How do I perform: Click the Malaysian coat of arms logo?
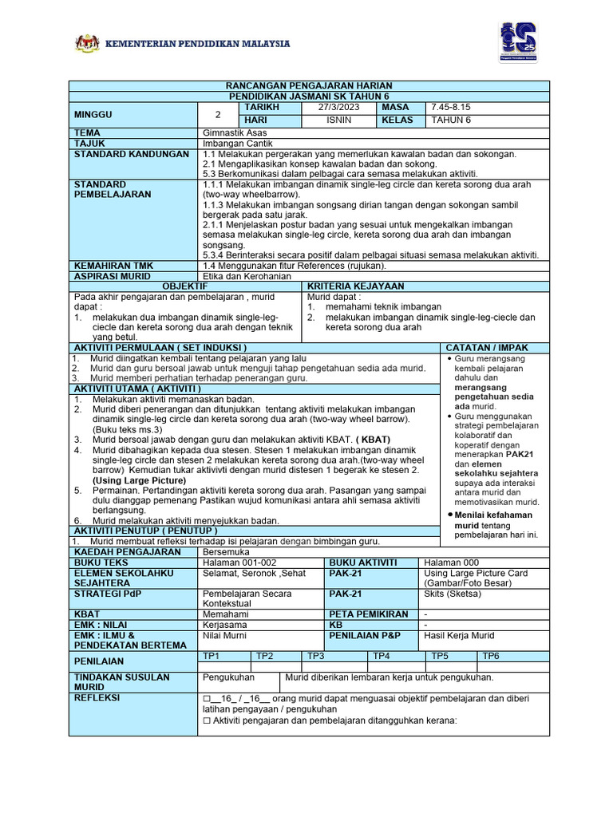click(87, 43)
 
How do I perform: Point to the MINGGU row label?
click(93, 114)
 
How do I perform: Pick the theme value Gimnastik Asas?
click(235, 132)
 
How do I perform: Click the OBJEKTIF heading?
click(185, 286)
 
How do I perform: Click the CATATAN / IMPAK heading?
click(486, 348)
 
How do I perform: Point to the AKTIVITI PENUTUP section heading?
click(145, 531)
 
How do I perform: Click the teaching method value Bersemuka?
click(227, 551)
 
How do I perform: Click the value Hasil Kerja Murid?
click(459, 635)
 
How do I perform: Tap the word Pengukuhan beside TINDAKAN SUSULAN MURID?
click(229, 677)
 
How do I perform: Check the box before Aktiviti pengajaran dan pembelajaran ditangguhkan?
click(207, 720)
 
